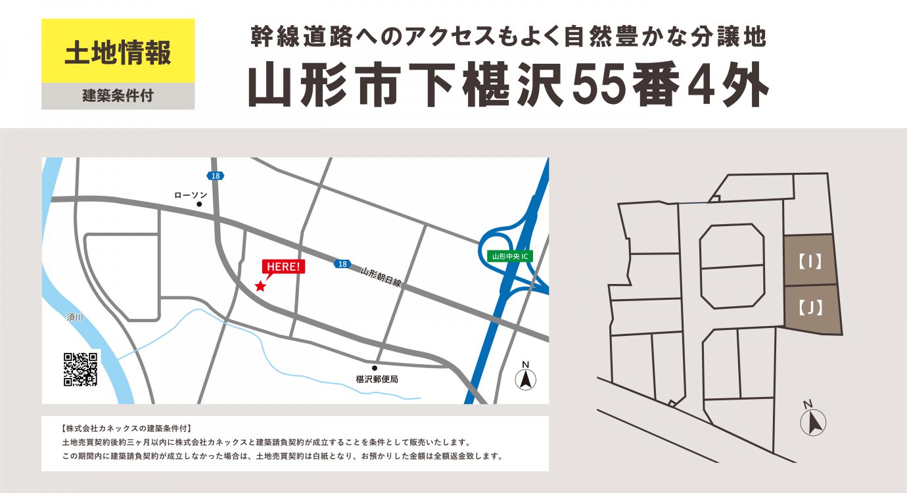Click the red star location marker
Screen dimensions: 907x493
pyautogui.click(x=260, y=286)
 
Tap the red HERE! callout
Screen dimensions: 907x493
pyautogui.click(x=284, y=266)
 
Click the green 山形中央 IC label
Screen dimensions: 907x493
pyautogui.click(x=510, y=256)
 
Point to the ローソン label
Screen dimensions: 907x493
pyautogui.click(x=191, y=195)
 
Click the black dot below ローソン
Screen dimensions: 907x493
pyautogui.click(x=199, y=204)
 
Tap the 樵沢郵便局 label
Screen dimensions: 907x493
pyautogui.click(x=377, y=379)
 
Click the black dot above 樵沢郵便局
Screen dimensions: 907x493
pyautogui.click(x=375, y=368)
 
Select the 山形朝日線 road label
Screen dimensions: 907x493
pyautogui.click(x=381, y=277)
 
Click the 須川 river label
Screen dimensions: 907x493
pyautogui.click(x=76, y=317)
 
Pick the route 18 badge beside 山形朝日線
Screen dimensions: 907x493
pyautogui.click(x=340, y=264)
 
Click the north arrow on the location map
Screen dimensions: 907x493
pyautogui.click(x=525, y=377)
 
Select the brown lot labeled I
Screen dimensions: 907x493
pyautogui.click(x=810, y=261)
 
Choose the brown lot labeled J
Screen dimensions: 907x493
pyautogui.click(x=812, y=308)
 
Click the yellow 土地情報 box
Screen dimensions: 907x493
pyautogui.click(x=118, y=51)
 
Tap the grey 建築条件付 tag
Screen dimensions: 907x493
pyautogui.click(x=118, y=96)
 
